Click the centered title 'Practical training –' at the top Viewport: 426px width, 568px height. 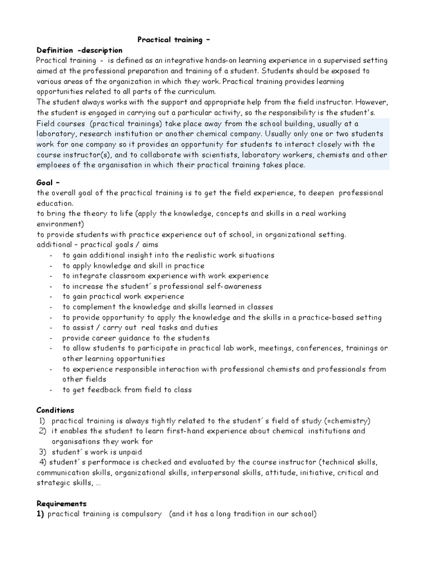click(x=174, y=40)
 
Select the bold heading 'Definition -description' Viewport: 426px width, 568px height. click(x=79, y=50)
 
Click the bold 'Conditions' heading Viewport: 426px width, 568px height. click(x=55, y=410)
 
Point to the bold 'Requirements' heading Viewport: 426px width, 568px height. click(x=62, y=504)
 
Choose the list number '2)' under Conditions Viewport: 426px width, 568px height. click(x=42, y=431)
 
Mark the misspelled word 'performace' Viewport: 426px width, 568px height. click(x=110, y=462)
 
